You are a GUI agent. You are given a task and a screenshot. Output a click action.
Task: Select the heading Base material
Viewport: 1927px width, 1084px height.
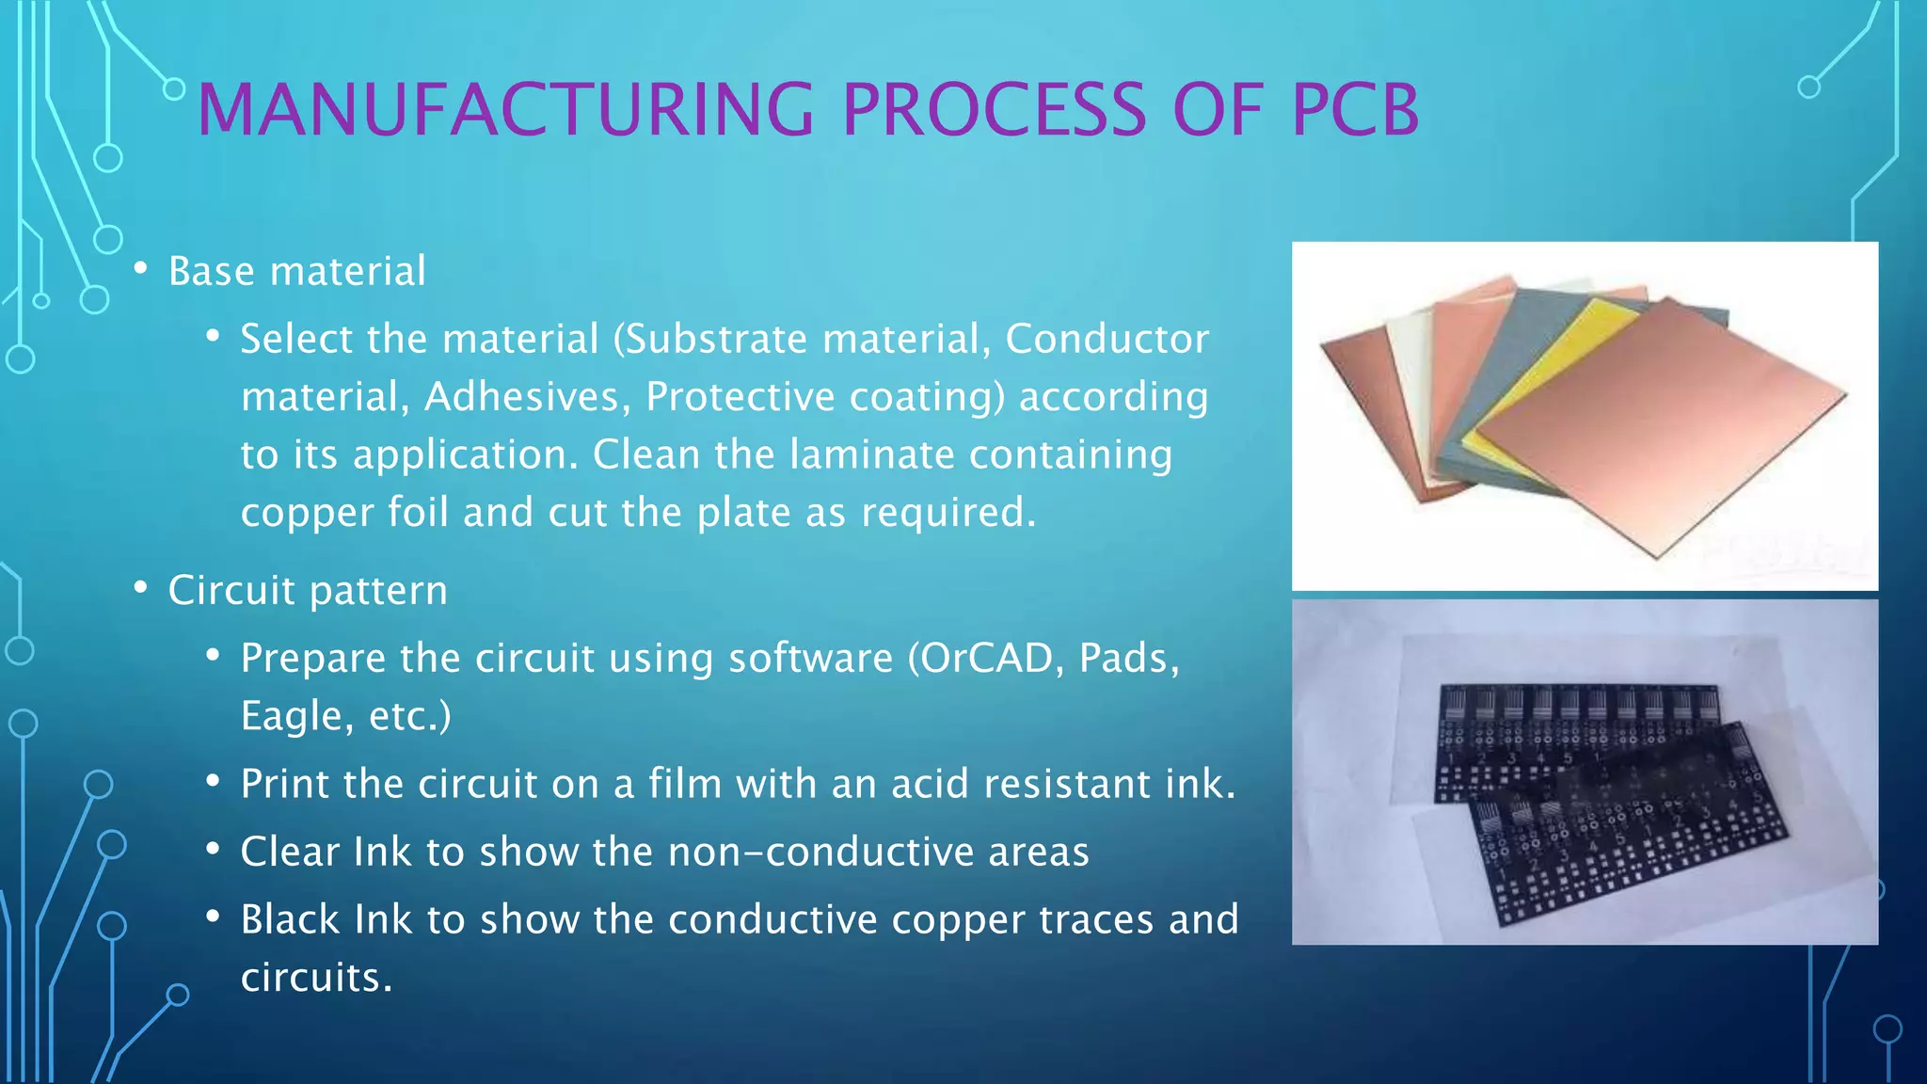point(296,272)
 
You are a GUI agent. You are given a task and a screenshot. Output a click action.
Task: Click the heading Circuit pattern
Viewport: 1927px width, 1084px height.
point(308,591)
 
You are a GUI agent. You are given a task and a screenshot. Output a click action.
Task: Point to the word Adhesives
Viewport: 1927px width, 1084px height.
point(527,397)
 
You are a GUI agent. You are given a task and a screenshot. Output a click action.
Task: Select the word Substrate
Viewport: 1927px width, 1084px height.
point(715,340)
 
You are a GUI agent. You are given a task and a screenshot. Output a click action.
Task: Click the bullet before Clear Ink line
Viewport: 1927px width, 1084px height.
point(214,851)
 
